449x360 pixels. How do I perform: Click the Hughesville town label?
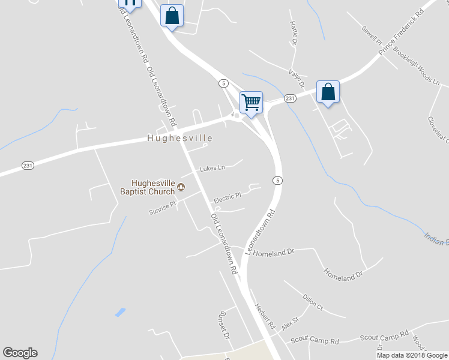pos(180,138)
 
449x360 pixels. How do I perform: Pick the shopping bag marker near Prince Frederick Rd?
pos(328,92)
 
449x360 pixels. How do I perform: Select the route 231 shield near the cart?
pos(290,98)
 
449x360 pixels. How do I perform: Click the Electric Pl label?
pos(228,196)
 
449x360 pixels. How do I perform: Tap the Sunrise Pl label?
pos(163,207)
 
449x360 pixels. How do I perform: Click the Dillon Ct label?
pos(313,301)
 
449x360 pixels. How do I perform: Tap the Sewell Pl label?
pos(372,35)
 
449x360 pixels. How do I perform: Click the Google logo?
pos(20,353)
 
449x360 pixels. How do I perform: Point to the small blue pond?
pos(120,312)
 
